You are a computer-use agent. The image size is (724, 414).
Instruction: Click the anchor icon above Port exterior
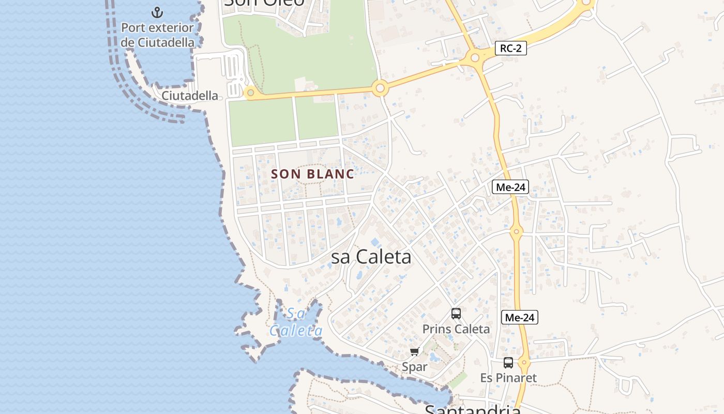(x=157, y=12)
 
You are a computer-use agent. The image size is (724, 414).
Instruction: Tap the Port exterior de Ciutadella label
(x=157, y=35)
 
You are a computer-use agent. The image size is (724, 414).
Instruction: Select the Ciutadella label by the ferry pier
(x=189, y=96)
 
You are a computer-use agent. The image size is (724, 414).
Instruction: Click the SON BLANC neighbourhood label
(x=312, y=174)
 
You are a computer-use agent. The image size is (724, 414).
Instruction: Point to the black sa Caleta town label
(x=371, y=257)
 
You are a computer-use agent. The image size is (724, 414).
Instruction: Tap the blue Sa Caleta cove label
(x=296, y=322)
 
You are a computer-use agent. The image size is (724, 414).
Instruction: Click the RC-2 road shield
(x=510, y=49)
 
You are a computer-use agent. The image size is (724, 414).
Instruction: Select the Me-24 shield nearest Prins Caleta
(x=519, y=318)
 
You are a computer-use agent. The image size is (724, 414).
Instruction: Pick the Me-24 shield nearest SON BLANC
(x=510, y=187)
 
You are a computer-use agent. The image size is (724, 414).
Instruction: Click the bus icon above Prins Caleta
(x=456, y=314)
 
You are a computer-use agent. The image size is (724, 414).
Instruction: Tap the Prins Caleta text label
(x=456, y=329)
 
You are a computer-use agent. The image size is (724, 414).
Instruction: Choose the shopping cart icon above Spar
(x=414, y=352)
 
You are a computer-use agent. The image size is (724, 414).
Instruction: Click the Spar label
(x=414, y=367)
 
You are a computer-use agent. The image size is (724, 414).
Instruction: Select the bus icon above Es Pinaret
(x=508, y=363)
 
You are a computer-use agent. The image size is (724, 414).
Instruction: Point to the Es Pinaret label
(x=508, y=378)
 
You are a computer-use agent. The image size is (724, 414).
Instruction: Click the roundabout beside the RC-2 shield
(x=475, y=57)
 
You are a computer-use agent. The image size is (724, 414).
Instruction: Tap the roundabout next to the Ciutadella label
(x=251, y=93)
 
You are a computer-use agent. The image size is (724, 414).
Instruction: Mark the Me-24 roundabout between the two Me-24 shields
(x=516, y=231)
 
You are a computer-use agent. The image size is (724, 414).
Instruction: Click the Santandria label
(x=472, y=409)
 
